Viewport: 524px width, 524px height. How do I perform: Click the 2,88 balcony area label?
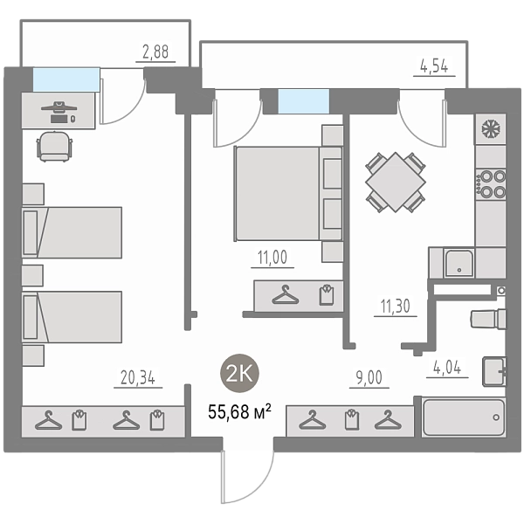[x=155, y=52]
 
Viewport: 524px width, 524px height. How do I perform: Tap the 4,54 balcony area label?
[x=434, y=66]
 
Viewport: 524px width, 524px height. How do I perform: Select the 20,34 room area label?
[x=138, y=377]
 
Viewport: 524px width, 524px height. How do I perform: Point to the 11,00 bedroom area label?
[x=272, y=258]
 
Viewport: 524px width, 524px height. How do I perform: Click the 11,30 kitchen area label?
[x=396, y=307]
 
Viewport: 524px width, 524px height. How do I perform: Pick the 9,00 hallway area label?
[x=369, y=377]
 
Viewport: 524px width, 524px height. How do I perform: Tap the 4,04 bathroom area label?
[x=447, y=368]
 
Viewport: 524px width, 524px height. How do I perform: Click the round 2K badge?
[x=239, y=373]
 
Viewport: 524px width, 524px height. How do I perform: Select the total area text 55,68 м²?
[x=239, y=411]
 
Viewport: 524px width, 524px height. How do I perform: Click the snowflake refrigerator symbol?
[x=491, y=128]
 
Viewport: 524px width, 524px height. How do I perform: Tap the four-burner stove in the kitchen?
[x=491, y=183]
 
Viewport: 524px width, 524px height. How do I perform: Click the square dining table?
[x=396, y=183]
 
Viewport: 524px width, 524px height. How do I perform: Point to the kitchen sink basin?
[x=459, y=263]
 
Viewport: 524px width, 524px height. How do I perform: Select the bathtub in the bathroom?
[x=464, y=417]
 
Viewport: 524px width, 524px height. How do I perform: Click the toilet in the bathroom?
[x=488, y=319]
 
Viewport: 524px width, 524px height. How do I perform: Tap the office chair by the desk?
[x=54, y=147]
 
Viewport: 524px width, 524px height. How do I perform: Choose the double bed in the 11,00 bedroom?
[x=288, y=193]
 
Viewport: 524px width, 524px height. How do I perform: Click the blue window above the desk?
[x=66, y=79]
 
